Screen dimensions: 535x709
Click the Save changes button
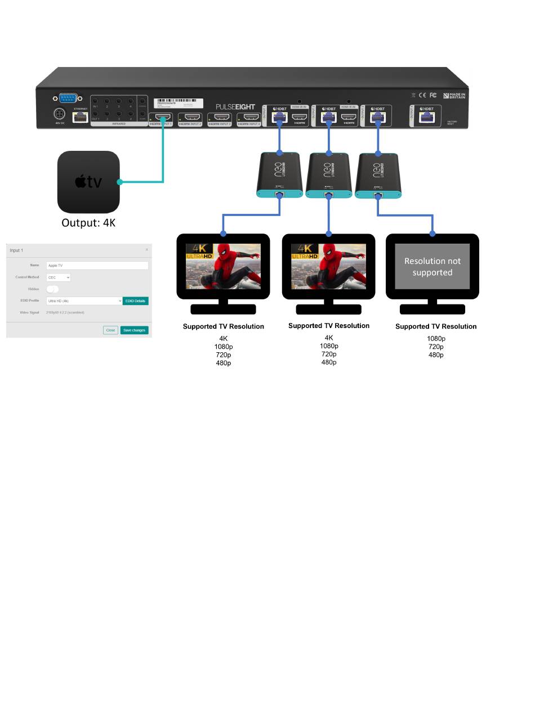coord(134,330)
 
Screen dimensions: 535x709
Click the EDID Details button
coord(135,301)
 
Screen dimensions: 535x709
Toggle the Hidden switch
coord(52,289)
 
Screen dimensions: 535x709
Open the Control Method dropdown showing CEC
coord(58,277)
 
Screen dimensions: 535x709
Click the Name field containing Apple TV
coord(97,266)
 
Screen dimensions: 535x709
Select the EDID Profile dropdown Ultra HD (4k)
coord(84,301)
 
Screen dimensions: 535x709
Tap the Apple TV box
coord(88,182)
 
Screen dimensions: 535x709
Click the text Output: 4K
coord(88,223)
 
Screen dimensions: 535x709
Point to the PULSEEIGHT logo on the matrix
coord(235,107)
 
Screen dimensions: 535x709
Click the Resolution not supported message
coord(433,267)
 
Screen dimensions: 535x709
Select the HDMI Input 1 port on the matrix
coord(160,119)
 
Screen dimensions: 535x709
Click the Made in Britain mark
coord(454,96)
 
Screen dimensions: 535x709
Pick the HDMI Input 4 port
coord(248,118)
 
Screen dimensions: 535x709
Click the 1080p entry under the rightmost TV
coord(436,339)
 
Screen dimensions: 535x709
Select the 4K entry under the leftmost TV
coord(224,339)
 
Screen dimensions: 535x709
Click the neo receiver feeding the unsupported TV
coord(378,176)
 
